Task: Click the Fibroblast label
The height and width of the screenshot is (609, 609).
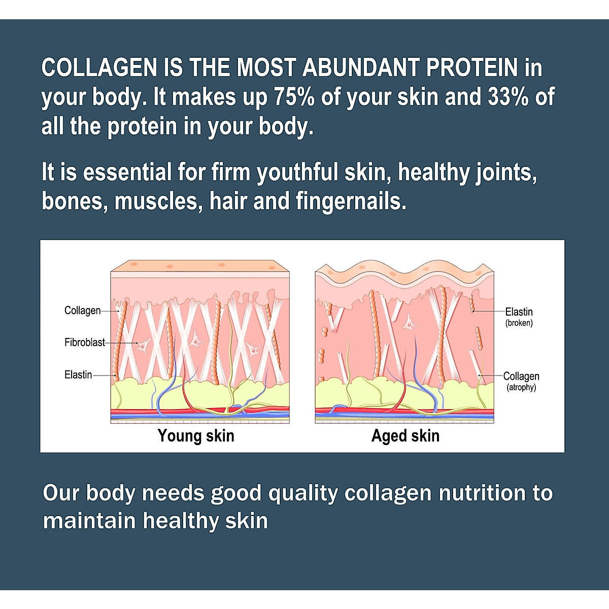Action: (84, 343)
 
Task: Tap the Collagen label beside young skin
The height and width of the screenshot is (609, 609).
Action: (82, 311)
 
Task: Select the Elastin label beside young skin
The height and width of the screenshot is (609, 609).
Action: (78, 375)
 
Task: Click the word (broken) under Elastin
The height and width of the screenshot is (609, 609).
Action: (519, 323)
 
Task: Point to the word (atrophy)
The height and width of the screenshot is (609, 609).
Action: (521, 388)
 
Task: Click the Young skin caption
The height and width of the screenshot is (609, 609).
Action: (196, 436)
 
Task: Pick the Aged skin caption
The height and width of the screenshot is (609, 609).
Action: (405, 436)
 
